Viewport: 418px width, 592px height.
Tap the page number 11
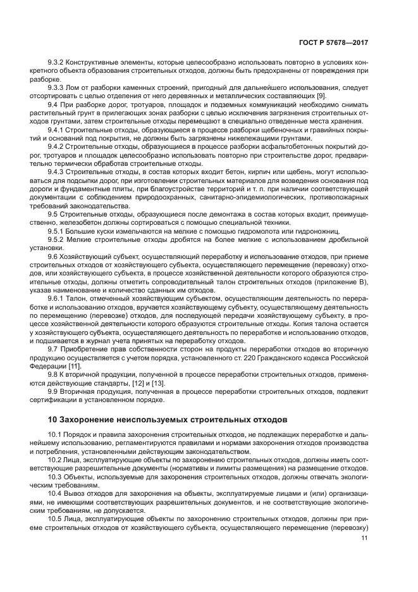click(x=364, y=538)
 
